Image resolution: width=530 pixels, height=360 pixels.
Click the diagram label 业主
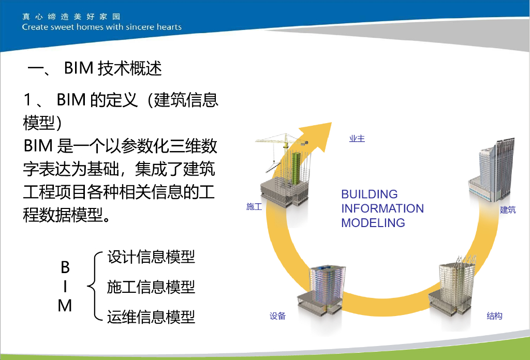pos(357,139)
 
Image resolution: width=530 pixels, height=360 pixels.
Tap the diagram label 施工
pos(254,207)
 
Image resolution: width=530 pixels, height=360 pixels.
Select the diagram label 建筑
pos(508,209)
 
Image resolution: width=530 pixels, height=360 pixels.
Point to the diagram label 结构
pos(494,316)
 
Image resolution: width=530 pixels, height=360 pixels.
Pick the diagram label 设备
pos(277,316)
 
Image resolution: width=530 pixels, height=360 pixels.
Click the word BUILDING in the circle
pos(370,194)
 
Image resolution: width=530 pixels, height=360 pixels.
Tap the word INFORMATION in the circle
pos(382,208)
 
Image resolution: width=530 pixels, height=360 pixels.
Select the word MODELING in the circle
pos(373,223)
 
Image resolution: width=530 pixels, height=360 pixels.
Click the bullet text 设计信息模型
pos(151,257)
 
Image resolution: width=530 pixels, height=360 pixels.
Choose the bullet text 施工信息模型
pos(151,287)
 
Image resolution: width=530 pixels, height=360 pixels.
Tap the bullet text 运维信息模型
pos(151,317)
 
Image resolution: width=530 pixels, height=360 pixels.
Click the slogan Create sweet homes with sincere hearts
pos(102,27)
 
